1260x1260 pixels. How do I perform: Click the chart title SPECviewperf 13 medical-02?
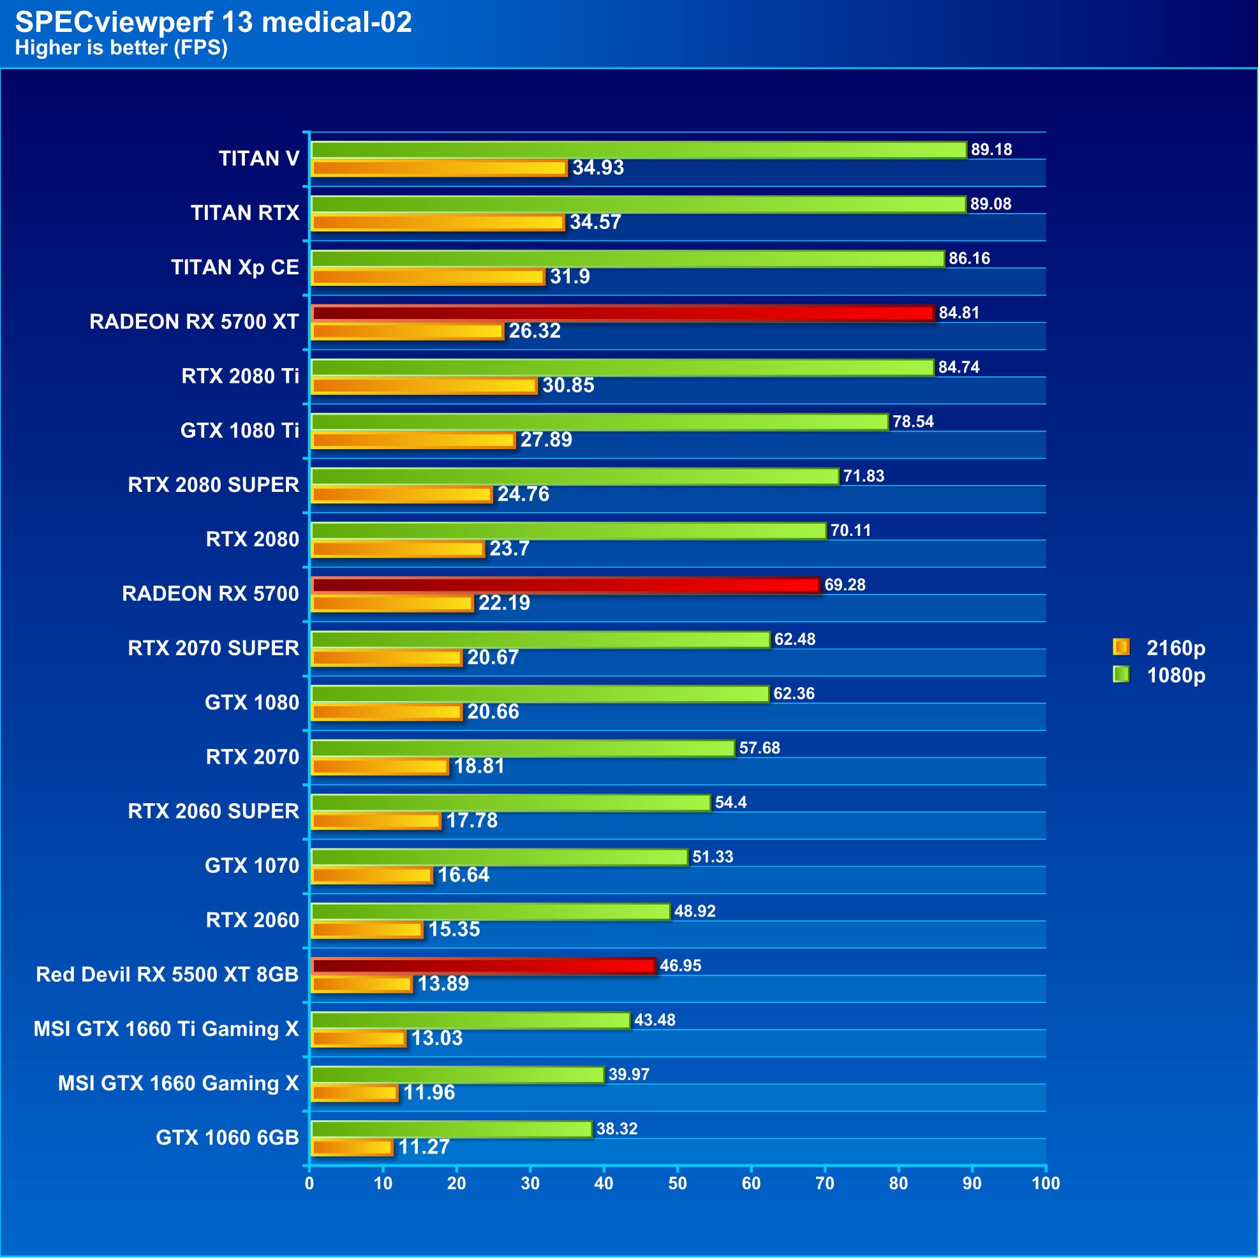pos(213,23)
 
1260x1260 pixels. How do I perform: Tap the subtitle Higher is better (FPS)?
pos(121,48)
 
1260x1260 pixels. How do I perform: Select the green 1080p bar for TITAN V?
pos(639,150)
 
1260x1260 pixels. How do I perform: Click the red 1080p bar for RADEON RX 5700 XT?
pos(623,314)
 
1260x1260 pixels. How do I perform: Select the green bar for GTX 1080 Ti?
pos(600,422)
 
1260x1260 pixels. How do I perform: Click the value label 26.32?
pos(535,331)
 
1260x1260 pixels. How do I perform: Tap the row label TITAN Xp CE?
pos(235,268)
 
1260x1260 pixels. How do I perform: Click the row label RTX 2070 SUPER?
pos(213,649)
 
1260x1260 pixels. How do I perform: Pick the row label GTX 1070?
pos(252,867)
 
